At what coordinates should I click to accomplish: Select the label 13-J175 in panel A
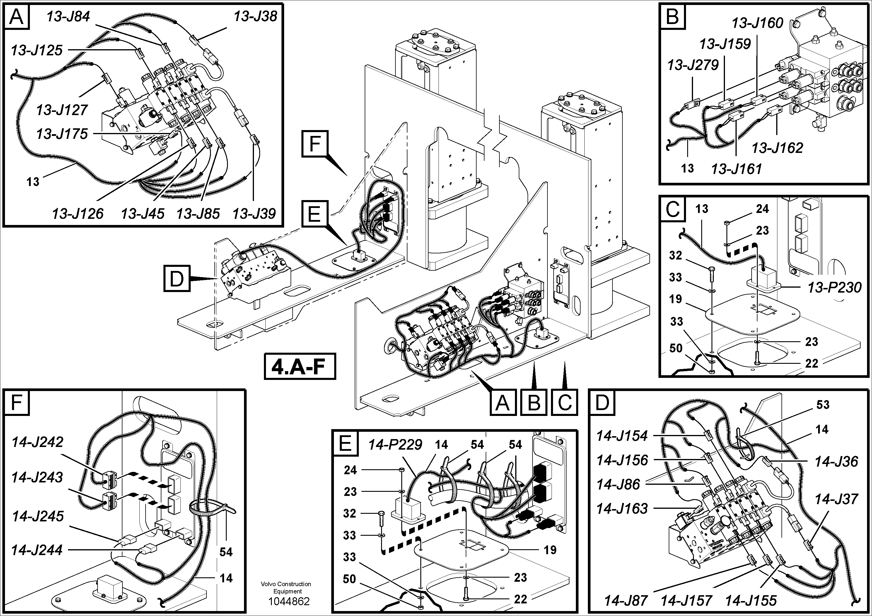[62, 134]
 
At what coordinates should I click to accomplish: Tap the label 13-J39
[254, 214]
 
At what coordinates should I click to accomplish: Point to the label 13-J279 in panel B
[693, 65]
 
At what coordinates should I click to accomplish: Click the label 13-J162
[777, 148]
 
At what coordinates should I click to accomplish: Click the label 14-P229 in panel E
[395, 445]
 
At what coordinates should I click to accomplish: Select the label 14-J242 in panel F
[37, 442]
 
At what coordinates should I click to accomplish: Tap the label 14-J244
[37, 550]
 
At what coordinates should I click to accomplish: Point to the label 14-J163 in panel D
[622, 508]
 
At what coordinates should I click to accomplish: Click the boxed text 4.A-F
[300, 366]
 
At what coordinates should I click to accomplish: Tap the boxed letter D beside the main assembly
[177, 279]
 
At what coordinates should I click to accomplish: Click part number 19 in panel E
[550, 550]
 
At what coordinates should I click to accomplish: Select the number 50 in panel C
[676, 348]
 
